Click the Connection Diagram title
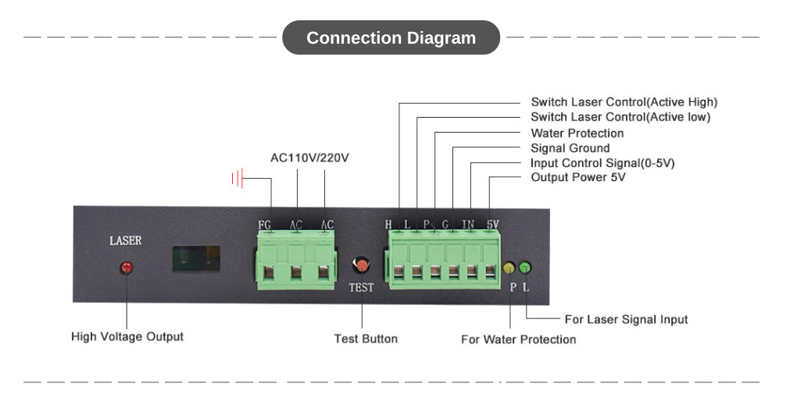coord(391,37)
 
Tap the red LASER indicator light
coord(126,268)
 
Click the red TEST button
coord(361,266)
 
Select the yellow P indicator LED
coord(509,268)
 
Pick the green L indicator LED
coord(525,268)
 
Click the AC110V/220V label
coord(309,158)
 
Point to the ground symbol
coord(238,179)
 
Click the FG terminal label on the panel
coord(265,225)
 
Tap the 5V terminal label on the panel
coord(492,225)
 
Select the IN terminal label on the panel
coord(468,225)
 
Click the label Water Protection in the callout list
coord(577,133)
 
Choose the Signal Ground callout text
coord(570,148)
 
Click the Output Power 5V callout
coord(579,177)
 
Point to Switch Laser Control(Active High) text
coord(624,102)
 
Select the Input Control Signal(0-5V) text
coord(602,163)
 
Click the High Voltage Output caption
coord(127,337)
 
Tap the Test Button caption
coord(366,339)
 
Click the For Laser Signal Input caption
coord(626,319)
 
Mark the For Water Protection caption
coord(519,339)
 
